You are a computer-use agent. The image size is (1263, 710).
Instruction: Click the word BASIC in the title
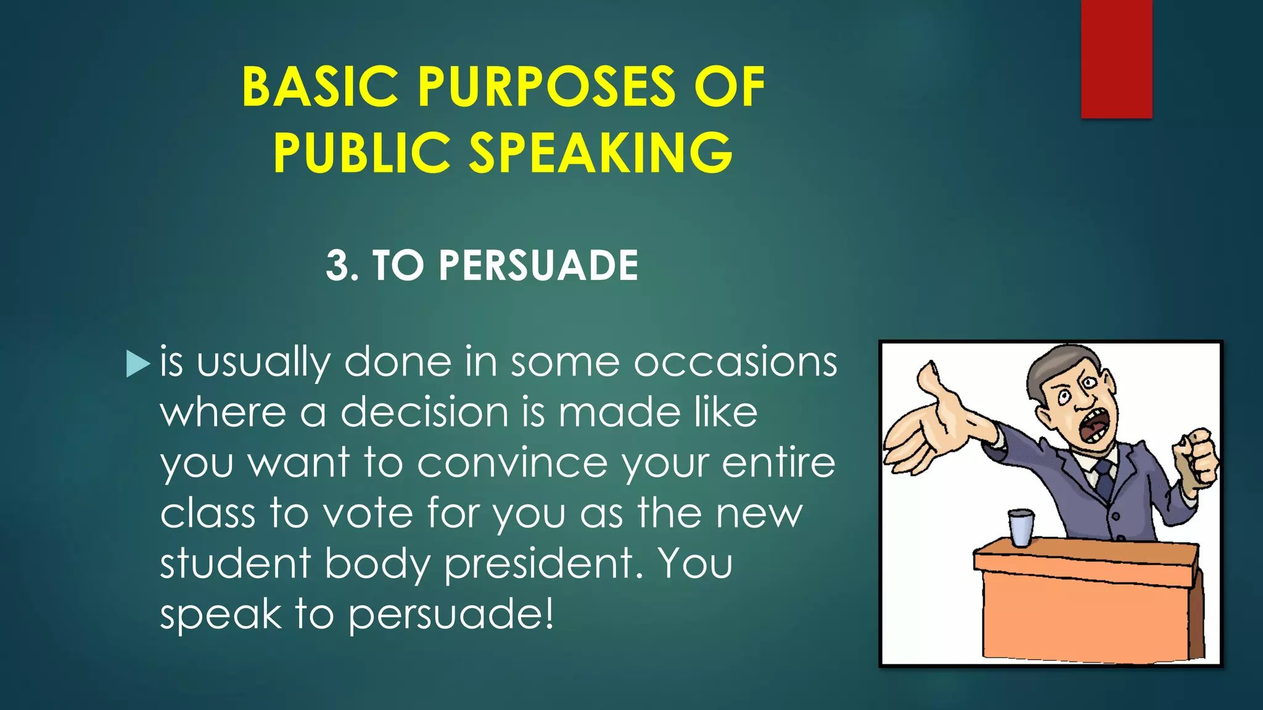click(320, 87)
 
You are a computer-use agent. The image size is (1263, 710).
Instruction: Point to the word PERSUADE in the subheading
click(538, 266)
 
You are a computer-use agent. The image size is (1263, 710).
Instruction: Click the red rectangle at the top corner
click(1116, 59)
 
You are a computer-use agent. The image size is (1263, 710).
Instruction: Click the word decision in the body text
click(424, 412)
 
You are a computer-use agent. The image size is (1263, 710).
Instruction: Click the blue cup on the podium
click(1021, 528)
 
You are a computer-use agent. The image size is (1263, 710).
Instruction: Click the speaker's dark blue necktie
click(1104, 477)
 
